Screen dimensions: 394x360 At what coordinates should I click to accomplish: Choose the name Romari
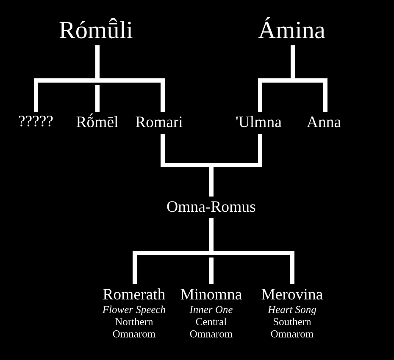(x=159, y=122)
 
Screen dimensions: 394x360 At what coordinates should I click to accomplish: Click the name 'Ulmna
(x=258, y=122)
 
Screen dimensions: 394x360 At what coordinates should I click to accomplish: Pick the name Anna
(x=324, y=122)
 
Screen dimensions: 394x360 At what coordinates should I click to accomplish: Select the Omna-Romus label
(x=211, y=207)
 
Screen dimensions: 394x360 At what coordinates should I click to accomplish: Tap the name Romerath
(x=134, y=294)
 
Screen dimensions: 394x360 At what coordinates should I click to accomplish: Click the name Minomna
(x=211, y=294)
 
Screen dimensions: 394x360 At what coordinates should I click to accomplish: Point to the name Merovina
(x=292, y=294)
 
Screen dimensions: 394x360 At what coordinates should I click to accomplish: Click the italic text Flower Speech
(x=134, y=310)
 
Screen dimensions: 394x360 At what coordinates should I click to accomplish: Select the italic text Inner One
(x=211, y=310)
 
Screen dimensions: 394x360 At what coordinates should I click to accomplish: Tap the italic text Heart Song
(x=292, y=310)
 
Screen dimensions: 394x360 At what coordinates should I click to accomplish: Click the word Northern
(x=134, y=322)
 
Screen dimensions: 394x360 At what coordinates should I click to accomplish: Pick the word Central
(x=211, y=322)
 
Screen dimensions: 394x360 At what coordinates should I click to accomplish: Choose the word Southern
(x=292, y=322)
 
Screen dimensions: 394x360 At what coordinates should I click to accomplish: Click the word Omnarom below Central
(x=211, y=334)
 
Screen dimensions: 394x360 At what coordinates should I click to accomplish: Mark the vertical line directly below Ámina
(x=292, y=62)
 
